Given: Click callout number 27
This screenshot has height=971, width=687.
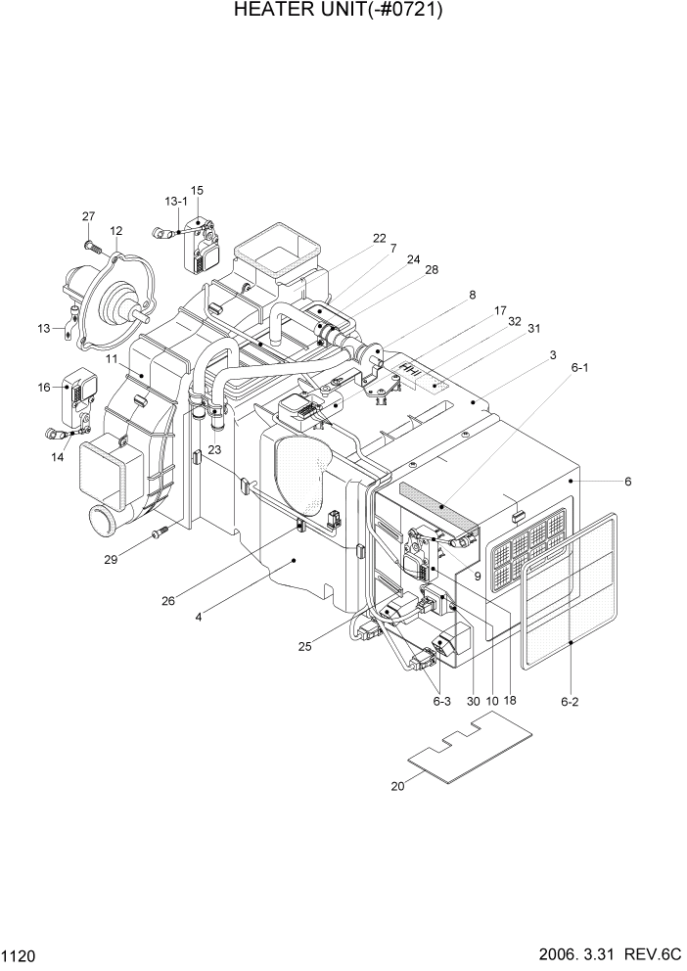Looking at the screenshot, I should [88, 216].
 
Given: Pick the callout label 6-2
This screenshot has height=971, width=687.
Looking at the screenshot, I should [571, 702].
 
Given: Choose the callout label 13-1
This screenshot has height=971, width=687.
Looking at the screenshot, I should [176, 201].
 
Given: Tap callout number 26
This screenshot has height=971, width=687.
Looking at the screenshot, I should [168, 601].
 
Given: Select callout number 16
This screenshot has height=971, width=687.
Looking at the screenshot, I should [44, 388].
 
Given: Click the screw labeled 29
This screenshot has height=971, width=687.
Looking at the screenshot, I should [160, 532].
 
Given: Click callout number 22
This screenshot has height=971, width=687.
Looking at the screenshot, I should [380, 238].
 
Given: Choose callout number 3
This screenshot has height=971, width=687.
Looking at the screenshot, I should [553, 354].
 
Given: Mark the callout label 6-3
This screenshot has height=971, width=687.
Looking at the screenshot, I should [441, 701].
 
